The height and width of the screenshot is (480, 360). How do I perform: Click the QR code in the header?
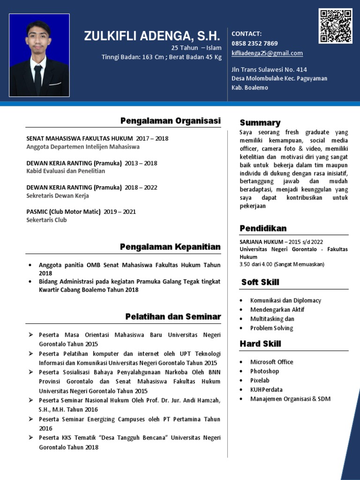(x=335, y=26)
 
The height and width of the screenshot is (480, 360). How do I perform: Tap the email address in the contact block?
(x=267, y=53)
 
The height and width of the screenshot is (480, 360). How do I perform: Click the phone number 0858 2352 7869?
(x=255, y=44)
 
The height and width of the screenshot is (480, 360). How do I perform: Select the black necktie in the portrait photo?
(x=38, y=79)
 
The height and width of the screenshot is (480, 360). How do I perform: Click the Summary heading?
(x=260, y=123)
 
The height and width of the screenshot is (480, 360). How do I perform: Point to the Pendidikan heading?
(x=263, y=228)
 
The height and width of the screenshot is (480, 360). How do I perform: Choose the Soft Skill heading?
(x=260, y=282)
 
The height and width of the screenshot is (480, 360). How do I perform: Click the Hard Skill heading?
(x=260, y=344)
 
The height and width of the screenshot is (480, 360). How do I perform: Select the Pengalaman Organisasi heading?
(x=170, y=121)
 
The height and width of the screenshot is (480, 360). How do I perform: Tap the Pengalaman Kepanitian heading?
(x=170, y=247)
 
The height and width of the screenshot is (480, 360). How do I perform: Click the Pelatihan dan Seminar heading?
(x=173, y=317)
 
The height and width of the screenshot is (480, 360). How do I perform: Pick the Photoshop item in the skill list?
(x=264, y=371)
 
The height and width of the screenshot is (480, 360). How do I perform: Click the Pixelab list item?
(x=260, y=380)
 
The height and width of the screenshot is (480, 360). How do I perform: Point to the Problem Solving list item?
(x=271, y=328)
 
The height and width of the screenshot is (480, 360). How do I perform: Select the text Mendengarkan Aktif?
(x=277, y=309)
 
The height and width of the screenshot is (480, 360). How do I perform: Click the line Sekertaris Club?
(x=46, y=220)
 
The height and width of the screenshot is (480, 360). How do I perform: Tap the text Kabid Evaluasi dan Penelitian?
(x=66, y=171)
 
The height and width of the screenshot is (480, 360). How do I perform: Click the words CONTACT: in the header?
(x=247, y=34)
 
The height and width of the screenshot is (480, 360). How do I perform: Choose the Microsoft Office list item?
(x=271, y=362)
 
